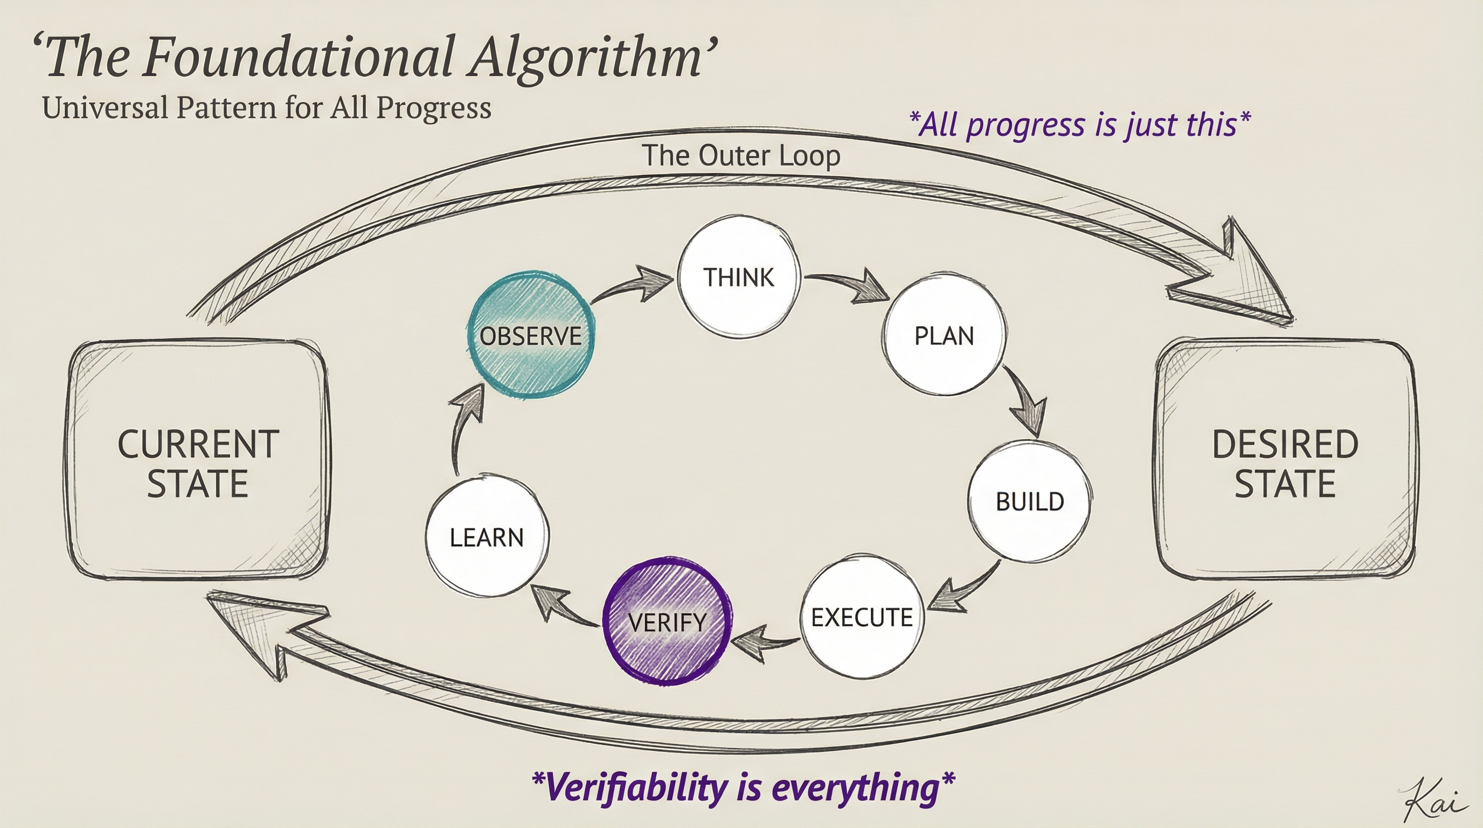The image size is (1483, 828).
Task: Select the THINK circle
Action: [x=739, y=277]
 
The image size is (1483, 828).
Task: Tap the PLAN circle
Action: [x=944, y=336]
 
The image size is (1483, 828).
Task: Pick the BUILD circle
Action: [x=1029, y=501]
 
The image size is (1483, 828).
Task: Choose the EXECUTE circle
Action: [x=862, y=618]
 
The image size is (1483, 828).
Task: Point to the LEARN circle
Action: [x=487, y=538]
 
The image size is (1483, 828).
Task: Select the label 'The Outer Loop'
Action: [x=741, y=155]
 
